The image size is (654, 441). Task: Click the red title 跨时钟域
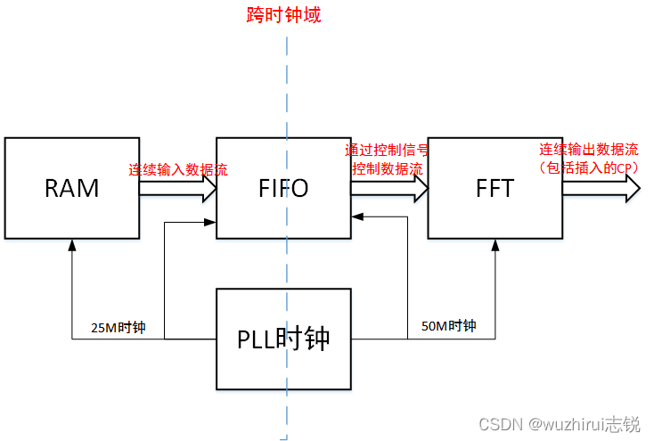click(x=284, y=15)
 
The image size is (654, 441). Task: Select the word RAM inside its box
click(x=72, y=188)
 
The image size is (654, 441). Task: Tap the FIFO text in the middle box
click(x=283, y=188)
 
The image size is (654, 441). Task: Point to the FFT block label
click(x=495, y=188)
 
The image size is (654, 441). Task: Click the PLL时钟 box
click(x=283, y=339)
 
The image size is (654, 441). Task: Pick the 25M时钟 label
click(x=119, y=328)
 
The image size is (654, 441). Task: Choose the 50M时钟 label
click(x=448, y=326)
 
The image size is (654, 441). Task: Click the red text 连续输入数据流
click(x=177, y=170)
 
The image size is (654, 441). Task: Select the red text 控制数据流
click(x=388, y=167)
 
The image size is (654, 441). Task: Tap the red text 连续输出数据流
click(x=588, y=149)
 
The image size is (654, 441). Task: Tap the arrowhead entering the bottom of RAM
click(x=72, y=244)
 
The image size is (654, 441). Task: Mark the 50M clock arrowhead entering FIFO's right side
click(x=356, y=215)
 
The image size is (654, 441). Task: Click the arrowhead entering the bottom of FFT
click(x=495, y=244)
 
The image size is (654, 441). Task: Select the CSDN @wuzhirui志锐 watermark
click(x=559, y=425)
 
